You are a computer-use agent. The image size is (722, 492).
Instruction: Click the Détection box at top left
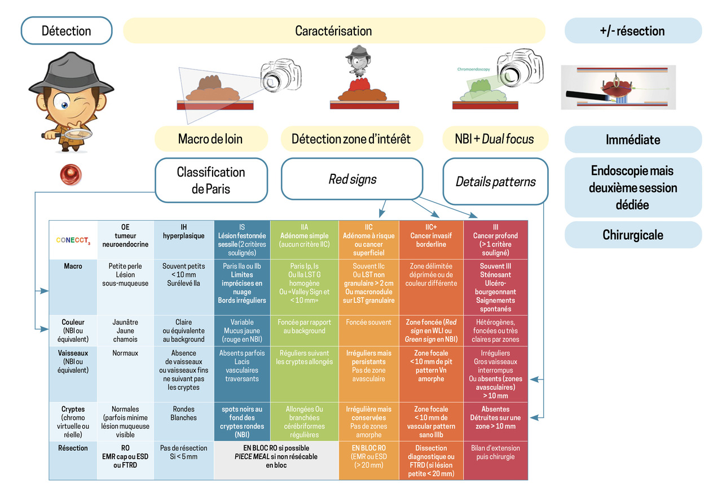pos(67,30)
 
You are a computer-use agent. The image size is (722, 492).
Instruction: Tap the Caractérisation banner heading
pos(333,30)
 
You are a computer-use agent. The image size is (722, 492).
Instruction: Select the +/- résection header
pos(632,30)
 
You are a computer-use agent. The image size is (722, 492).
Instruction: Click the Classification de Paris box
pos(210,180)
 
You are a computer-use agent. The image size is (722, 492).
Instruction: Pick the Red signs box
pos(352,179)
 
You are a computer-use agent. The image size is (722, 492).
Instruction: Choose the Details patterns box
pos(495,181)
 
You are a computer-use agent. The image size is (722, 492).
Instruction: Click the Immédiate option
pos(633,139)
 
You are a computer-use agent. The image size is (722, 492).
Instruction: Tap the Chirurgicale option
pos(633,235)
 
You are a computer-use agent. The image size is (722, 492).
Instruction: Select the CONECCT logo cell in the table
pos(73,240)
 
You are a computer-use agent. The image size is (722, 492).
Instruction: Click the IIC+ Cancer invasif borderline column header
pos(431,235)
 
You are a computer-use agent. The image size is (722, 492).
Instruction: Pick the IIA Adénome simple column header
pos(304,235)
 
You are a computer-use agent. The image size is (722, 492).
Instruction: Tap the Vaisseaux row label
pos(73,362)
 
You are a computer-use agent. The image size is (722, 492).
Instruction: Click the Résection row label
pos(73,448)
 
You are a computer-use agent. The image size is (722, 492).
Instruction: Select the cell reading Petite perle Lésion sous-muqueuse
pos(126,275)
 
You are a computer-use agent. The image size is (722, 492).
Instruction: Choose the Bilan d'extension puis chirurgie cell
pos(495,453)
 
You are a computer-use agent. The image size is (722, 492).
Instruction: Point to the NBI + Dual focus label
pos(494,139)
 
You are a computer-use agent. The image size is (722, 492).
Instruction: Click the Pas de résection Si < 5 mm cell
pos(183,453)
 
